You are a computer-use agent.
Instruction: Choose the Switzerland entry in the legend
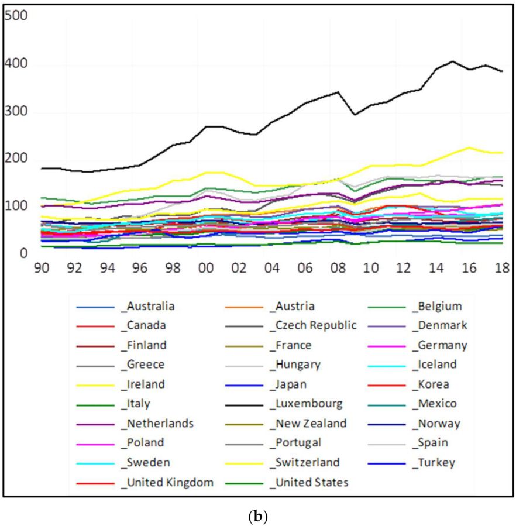[306, 462]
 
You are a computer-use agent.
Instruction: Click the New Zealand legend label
[309, 423]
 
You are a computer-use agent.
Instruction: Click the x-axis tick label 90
[40, 268]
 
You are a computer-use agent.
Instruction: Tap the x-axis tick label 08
[338, 268]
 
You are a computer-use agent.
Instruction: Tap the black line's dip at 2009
[354, 115]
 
